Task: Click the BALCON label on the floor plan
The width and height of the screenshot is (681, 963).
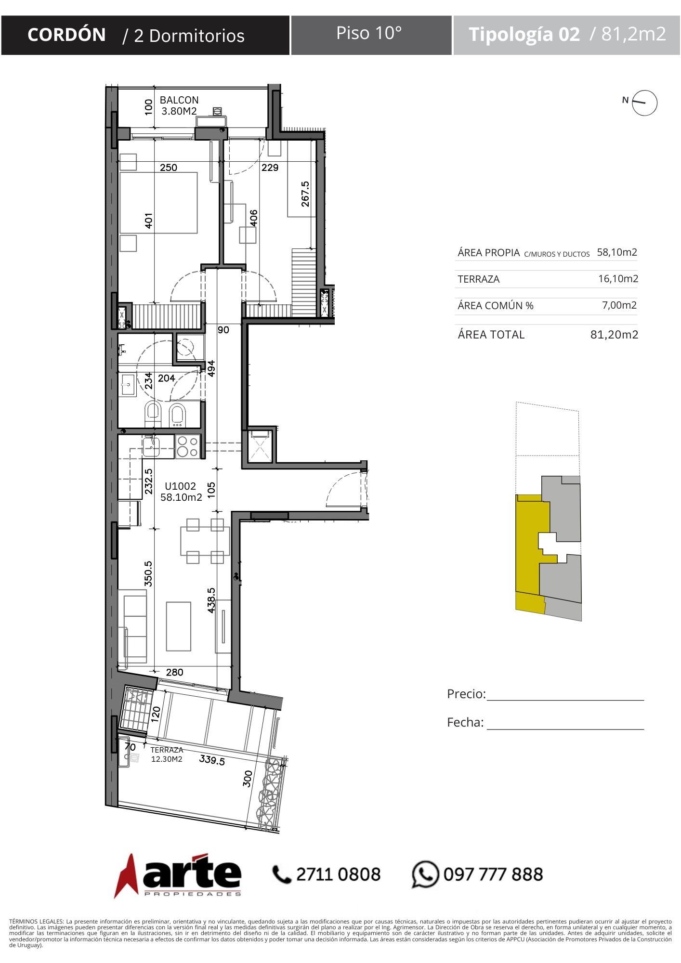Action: (x=179, y=100)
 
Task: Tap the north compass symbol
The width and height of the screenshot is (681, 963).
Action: (x=644, y=103)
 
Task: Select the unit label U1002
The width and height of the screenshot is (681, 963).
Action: (x=181, y=486)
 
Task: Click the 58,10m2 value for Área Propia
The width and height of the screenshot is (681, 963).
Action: (x=617, y=252)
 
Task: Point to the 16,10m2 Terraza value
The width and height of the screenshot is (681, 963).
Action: (x=618, y=278)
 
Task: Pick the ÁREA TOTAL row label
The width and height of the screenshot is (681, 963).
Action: (x=491, y=334)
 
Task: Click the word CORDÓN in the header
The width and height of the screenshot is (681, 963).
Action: (x=66, y=35)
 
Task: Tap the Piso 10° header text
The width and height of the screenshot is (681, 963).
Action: (x=369, y=33)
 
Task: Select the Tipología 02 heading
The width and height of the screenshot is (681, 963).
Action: (x=524, y=34)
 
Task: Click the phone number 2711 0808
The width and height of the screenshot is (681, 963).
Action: (x=338, y=874)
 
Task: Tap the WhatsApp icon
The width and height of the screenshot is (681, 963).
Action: (x=425, y=874)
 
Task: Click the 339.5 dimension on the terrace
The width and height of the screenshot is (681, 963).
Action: (x=212, y=760)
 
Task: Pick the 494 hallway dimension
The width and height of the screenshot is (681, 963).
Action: (x=211, y=368)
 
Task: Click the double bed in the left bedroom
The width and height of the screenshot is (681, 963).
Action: (x=158, y=203)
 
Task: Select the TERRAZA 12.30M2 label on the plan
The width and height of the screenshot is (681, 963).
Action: (x=167, y=755)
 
